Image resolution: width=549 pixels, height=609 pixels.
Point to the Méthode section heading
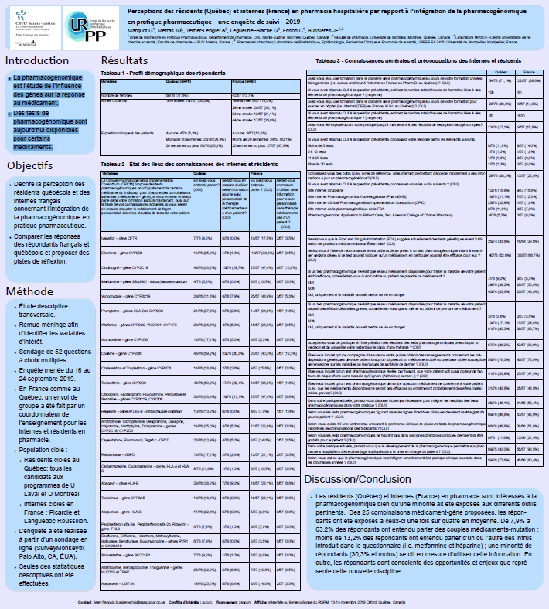(29, 270)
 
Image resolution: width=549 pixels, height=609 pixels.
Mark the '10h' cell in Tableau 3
(489, 91)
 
